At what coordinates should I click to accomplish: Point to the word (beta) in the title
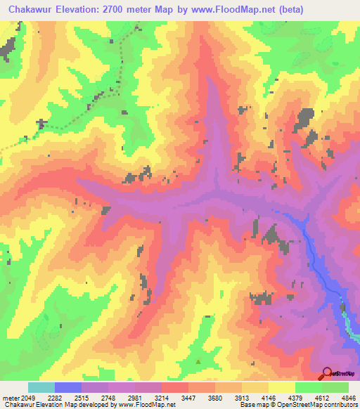pos(292,8)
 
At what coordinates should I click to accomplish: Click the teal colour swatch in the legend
pos(41,387)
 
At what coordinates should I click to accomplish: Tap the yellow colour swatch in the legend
pos(281,387)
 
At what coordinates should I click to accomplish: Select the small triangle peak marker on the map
pos(198,363)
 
